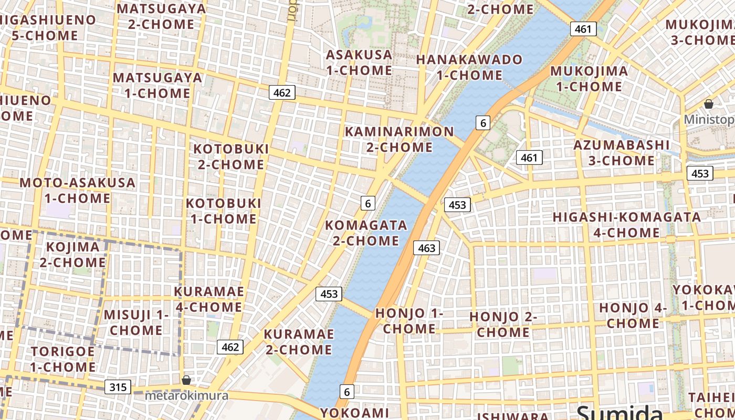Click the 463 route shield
pos(426,248)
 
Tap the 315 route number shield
pos(118,387)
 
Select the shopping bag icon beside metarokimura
pos(186,380)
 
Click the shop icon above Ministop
pos(708,104)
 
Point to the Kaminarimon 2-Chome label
pos(399,139)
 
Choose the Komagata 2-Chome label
pos(366,233)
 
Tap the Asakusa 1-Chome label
pos(359,62)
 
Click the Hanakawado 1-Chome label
pos(469,67)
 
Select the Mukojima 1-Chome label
pos(589,79)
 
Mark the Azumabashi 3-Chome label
pos(621,152)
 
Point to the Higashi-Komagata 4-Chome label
pos(626,225)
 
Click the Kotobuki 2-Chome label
pos(231,156)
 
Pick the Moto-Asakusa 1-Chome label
pos(77,191)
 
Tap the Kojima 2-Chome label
pos(72,254)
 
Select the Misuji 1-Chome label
pos(136,322)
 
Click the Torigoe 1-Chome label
pos(62,359)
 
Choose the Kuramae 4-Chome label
pos(208,299)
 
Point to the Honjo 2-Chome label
pos(503,324)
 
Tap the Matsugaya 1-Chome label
pos(157,85)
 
